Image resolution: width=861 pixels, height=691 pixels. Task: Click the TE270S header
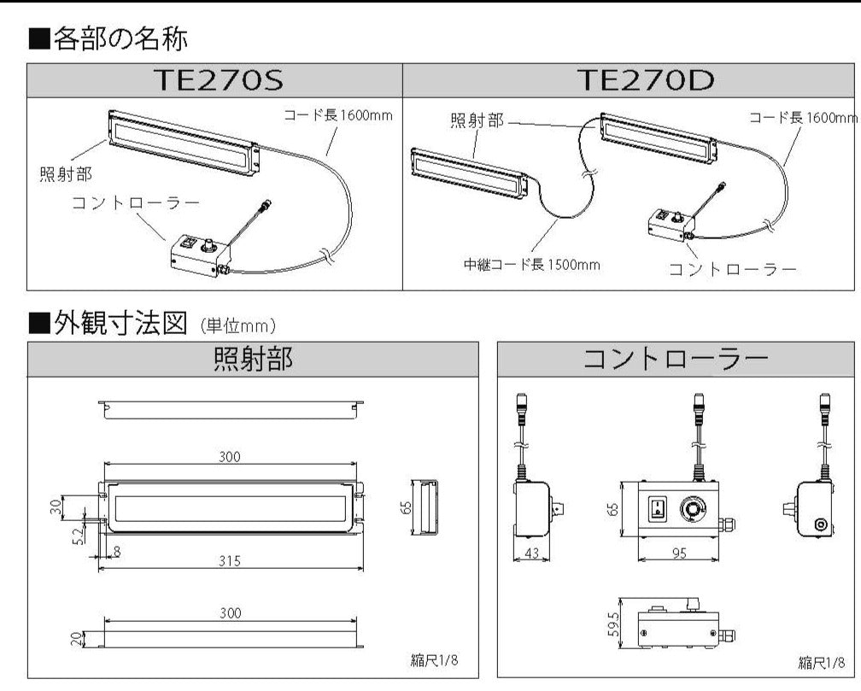(219, 80)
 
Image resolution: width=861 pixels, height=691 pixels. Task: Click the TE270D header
(646, 80)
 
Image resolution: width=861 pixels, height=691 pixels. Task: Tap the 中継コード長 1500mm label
(531, 265)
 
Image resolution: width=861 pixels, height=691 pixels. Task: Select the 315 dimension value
(230, 561)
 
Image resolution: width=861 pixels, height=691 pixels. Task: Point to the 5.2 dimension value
(79, 535)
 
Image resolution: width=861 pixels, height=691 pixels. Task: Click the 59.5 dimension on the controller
(613, 624)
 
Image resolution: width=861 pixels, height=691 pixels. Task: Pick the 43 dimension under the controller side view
(531, 553)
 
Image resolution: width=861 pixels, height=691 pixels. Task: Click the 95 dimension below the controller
(679, 553)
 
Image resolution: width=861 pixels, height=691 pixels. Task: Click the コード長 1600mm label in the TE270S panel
(338, 115)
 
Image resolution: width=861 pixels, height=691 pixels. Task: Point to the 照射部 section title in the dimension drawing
(253, 360)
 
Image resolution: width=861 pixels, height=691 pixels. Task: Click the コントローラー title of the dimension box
(675, 360)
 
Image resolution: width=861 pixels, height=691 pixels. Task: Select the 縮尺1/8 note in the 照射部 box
(434, 659)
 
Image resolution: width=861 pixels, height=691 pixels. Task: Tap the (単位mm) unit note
(237, 326)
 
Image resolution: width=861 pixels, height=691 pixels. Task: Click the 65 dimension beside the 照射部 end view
(407, 507)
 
